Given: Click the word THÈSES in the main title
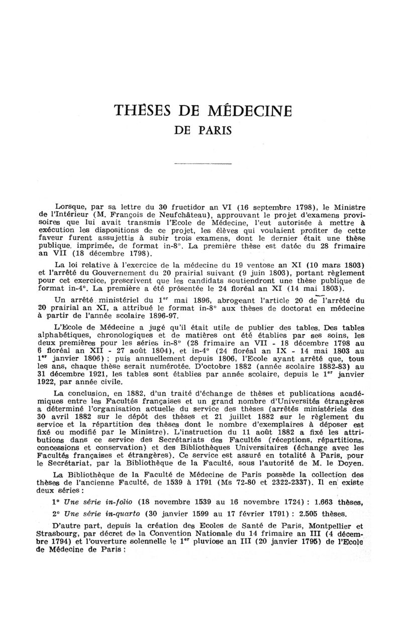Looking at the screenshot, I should pos(139,110).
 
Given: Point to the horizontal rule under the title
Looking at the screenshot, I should pos(202,164).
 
